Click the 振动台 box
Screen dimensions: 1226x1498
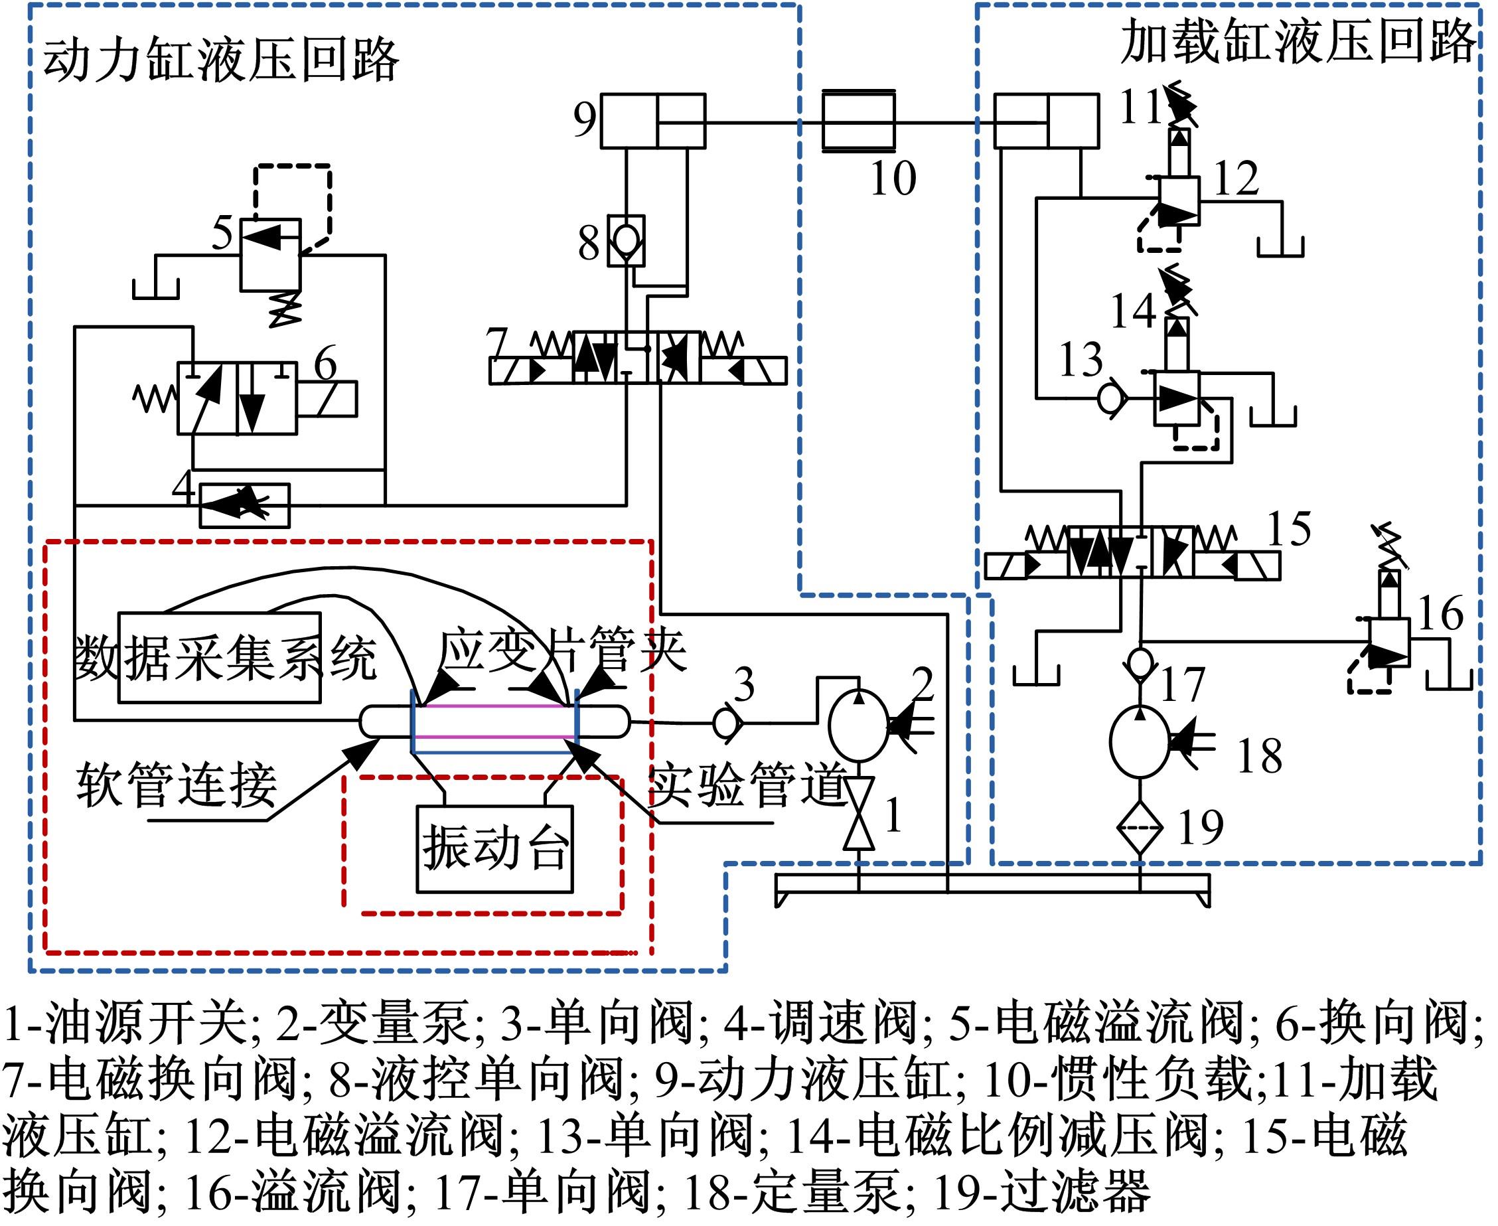tap(494, 849)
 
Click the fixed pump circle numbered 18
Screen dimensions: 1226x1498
tap(1140, 741)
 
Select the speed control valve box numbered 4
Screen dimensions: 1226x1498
tap(244, 505)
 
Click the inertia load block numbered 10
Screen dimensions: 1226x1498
tap(858, 121)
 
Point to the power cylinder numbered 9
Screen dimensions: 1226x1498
tap(652, 121)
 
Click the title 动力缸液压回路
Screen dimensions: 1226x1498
tap(221, 60)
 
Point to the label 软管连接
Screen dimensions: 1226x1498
tap(177, 785)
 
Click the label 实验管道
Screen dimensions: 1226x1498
tap(747, 785)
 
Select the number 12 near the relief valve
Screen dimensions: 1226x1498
tap(1236, 178)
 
